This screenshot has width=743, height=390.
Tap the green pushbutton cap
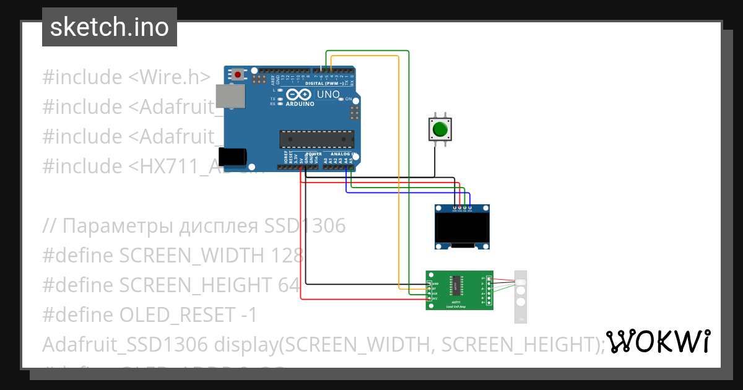click(x=440, y=129)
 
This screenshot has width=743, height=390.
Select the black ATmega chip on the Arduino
click(x=316, y=140)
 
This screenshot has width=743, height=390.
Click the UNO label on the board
click(x=328, y=95)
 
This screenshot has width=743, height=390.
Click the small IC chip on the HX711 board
click(x=456, y=285)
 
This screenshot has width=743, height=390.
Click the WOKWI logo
click(x=658, y=342)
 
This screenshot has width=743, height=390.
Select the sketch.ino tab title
click(x=109, y=27)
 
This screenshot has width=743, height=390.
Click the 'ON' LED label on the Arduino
click(x=348, y=99)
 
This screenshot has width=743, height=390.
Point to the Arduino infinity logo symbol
click(x=298, y=95)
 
